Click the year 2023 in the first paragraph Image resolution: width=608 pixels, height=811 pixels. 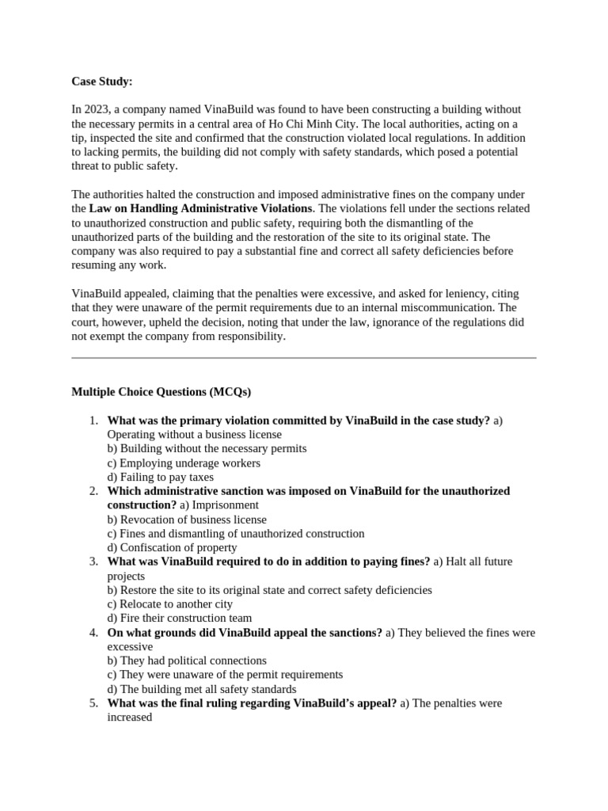96,109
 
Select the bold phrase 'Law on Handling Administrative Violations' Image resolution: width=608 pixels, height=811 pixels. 201,208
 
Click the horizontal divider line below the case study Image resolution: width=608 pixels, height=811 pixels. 304,357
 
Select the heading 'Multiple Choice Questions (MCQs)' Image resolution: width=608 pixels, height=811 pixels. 161,392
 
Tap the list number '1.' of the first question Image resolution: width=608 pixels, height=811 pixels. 93,421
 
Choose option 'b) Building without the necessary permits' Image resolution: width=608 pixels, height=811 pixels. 207,448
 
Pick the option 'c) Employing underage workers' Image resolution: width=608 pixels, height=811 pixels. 184,463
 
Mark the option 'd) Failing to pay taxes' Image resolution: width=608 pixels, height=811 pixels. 161,477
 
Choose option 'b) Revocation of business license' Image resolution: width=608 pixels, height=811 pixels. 187,520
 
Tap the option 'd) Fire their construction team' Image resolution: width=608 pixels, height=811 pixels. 180,618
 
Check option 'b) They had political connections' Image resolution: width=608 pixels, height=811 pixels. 187,661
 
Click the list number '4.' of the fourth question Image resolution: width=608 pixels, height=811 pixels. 93,633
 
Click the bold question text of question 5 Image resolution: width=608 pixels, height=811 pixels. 252,703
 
